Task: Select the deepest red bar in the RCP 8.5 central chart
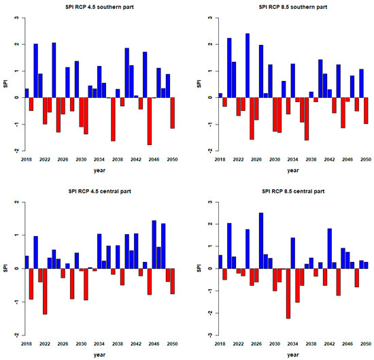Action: point(288,293)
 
